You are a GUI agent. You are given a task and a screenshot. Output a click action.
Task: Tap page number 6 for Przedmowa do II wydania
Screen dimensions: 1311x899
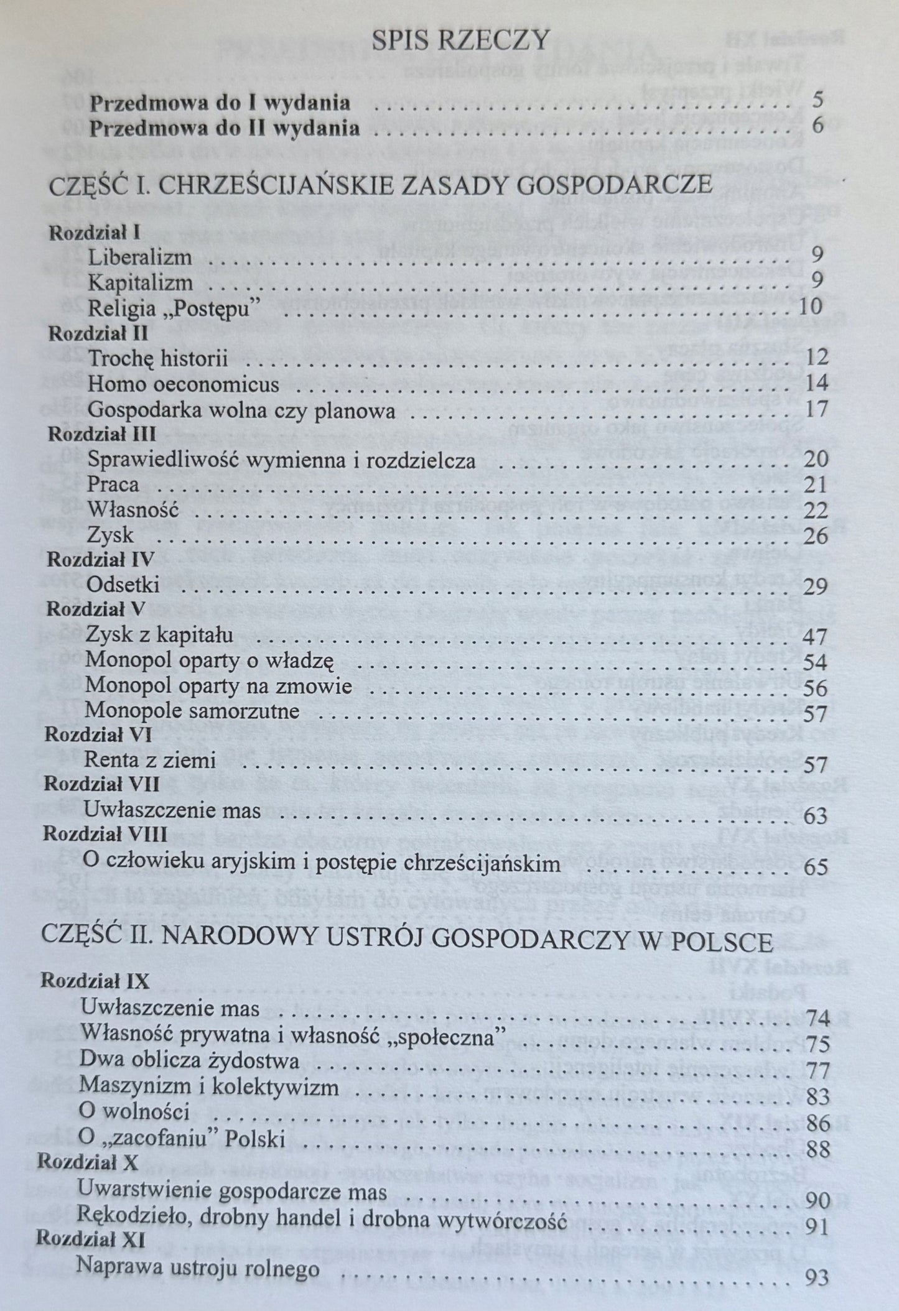[818, 126]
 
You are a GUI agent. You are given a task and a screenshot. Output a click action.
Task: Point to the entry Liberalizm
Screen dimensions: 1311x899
[139, 257]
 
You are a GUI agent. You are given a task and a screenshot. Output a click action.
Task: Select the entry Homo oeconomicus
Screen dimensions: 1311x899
[183, 384]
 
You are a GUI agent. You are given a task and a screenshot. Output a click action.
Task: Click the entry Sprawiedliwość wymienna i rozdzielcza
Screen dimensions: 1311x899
[282, 460]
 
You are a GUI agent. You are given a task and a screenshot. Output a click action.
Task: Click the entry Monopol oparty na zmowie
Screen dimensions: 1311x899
[219, 687]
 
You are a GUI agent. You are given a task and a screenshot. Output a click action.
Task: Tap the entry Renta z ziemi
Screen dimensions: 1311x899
[150, 760]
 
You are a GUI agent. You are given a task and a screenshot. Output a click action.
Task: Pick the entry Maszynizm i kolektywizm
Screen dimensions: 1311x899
[209, 1087]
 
